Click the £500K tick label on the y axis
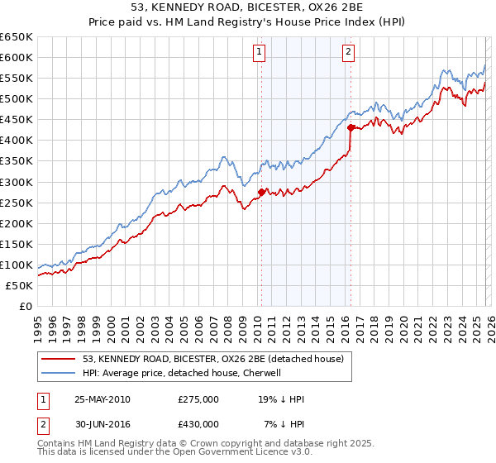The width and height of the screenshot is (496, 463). pos(16,98)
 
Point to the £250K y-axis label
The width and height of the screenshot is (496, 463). pos(16,203)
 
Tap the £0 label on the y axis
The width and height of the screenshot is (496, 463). pos(25,306)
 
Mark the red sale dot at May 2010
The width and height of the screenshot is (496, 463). pos(261,192)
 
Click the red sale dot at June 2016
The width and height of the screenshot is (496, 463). pos(351,127)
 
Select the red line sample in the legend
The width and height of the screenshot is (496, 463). pos(60,358)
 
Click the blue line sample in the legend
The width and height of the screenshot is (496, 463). pos(60,373)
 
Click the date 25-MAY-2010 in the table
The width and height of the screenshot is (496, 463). pos(102,399)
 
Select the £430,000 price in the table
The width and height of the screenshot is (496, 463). pos(198,423)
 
